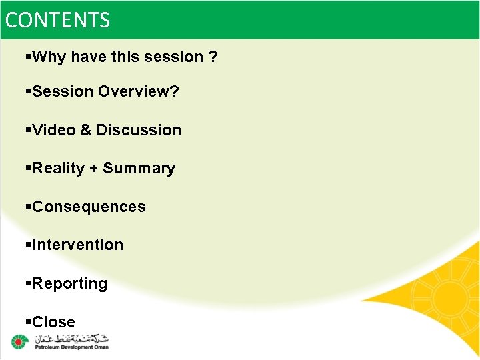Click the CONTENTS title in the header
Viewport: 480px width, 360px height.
pyautogui.click(x=57, y=20)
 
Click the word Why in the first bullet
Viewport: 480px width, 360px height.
pyautogui.click(x=49, y=57)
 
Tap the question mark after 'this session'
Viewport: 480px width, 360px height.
pyautogui.click(x=213, y=57)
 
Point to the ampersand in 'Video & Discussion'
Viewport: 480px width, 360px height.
pyautogui.click(x=86, y=130)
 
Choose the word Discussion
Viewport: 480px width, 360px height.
pyautogui.click(x=139, y=130)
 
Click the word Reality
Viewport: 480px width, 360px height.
pyautogui.click(x=59, y=168)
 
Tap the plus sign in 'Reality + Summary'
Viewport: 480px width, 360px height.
pyautogui.click(x=95, y=169)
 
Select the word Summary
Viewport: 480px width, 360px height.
pyautogui.click(x=139, y=168)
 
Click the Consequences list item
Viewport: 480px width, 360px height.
pyautogui.click(x=88, y=207)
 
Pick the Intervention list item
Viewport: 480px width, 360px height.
pyautogui.click(x=77, y=245)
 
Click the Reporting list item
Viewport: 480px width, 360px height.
pyautogui.click(x=69, y=284)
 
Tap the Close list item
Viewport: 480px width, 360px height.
pyautogui.click(x=53, y=322)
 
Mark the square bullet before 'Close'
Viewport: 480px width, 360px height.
pyautogui.click(x=28, y=322)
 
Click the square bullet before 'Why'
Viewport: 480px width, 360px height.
pyautogui.click(x=28, y=57)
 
